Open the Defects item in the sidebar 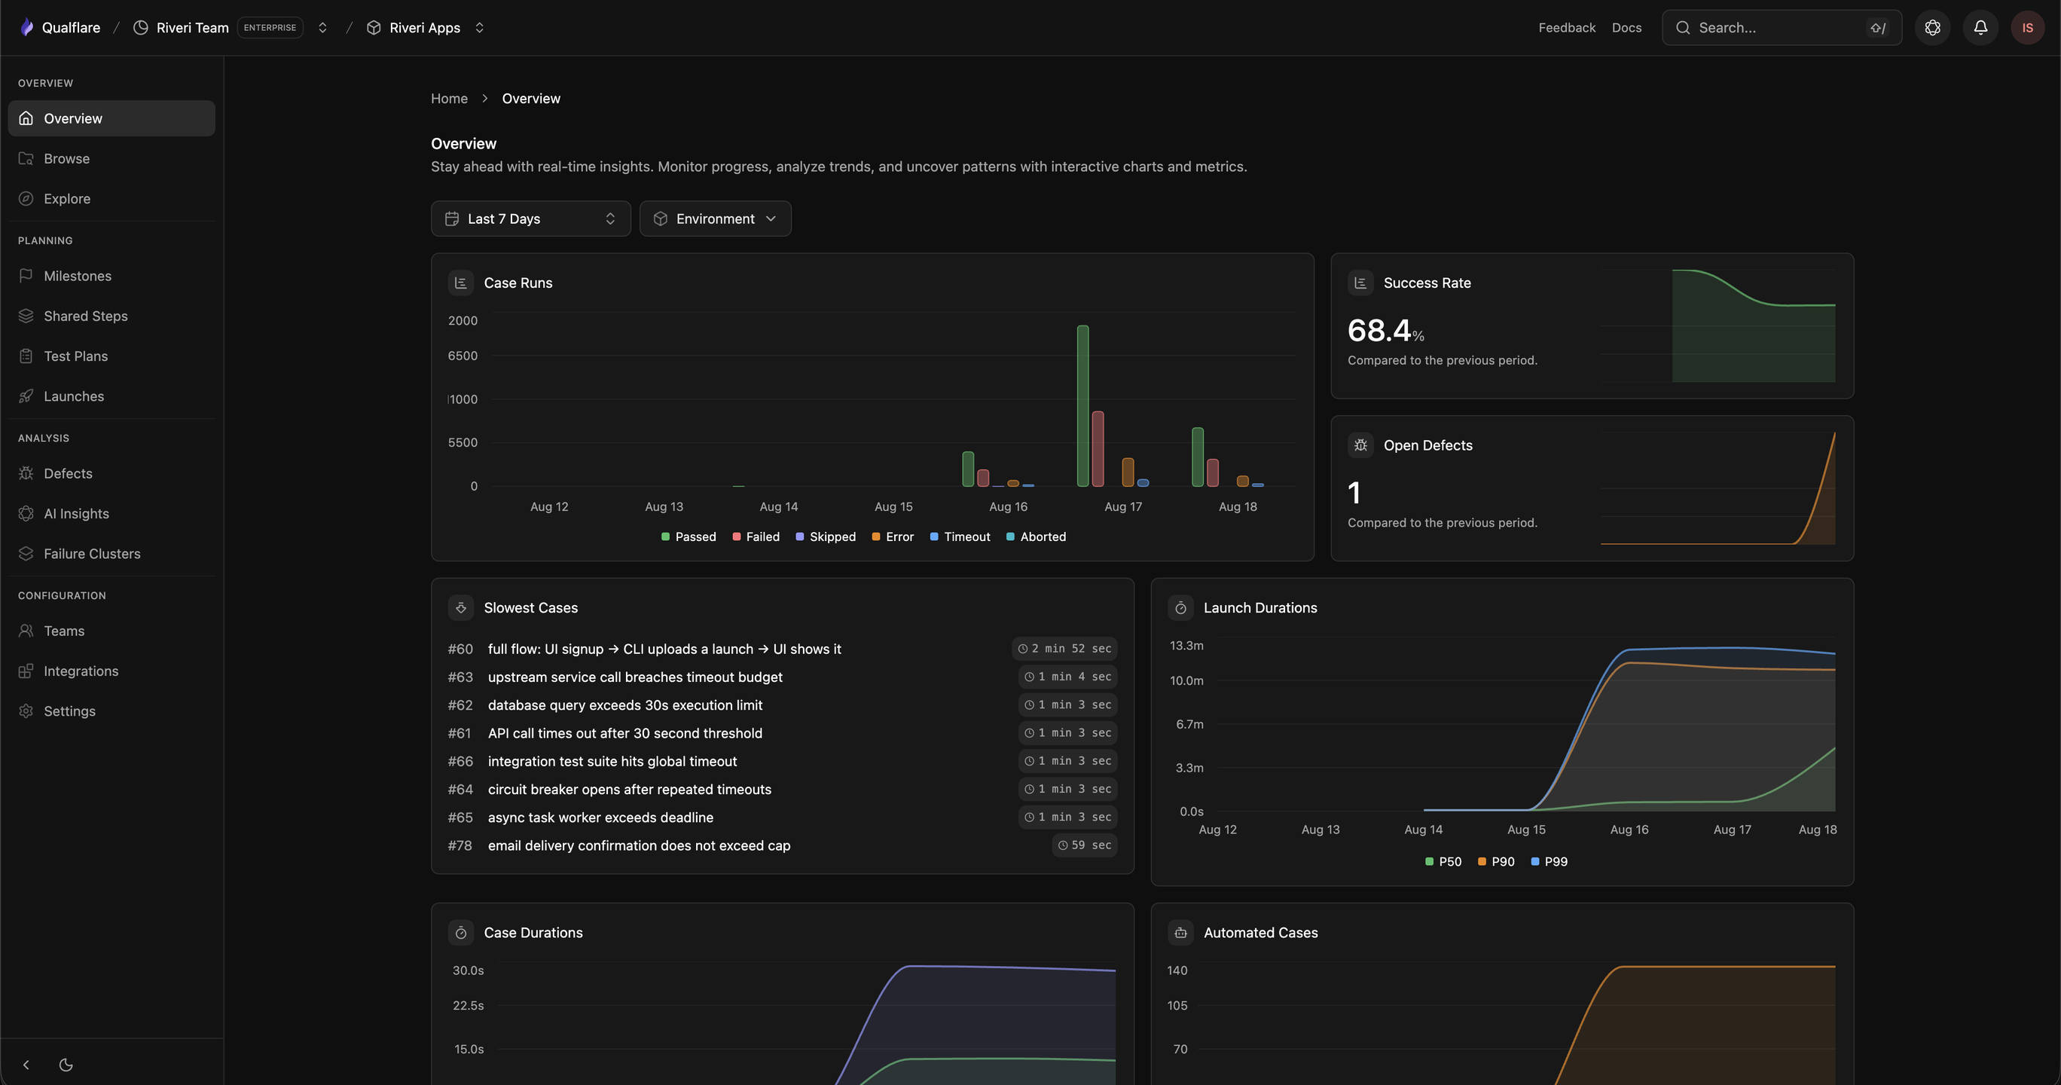pyautogui.click(x=68, y=474)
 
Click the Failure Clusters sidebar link pyautogui.click(x=92, y=554)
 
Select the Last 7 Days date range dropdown pyautogui.click(x=530, y=219)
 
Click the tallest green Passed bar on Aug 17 pyautogui.click(x=1082, y=405)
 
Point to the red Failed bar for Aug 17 pyautogui.click(x=1098, y=449)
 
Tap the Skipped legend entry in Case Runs pyautogui.click(x=826, y=537)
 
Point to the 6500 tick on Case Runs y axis pyautogui.click(x=463, y=356)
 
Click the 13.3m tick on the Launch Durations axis pyautogui.click(x=1186, y=646)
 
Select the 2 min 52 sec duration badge pyautogui.click(x=1065, y=649)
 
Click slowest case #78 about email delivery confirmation pyautogui.click(x=639, y=845)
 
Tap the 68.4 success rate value pyautogui.click(x=1379, y=331)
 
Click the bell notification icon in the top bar pyautogui.click(x=1980, y=28)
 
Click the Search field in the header pyautogui.click(x=1782, y=28)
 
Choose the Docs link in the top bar pyautogui.click(x=1626, y=28)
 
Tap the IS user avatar pyautogui.click(x=2027, y=28)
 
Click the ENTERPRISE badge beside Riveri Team pyautogui.click(x=270, y=28)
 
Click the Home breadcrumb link pyautogui.click(x=449, y=99)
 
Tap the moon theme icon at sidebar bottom pyautogui.click(x=66, y=1065)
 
